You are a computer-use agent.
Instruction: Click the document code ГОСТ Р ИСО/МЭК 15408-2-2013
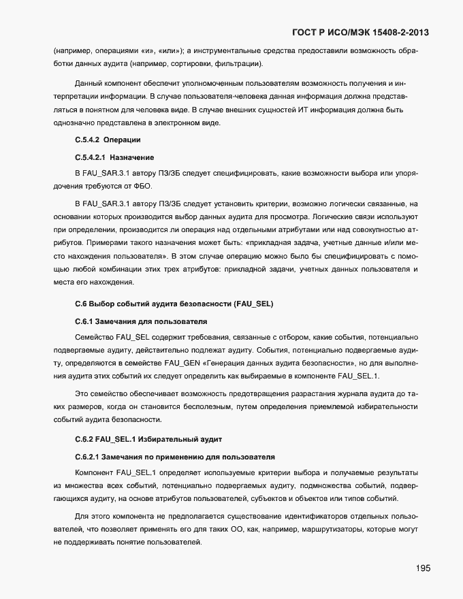click(x=361, y=32)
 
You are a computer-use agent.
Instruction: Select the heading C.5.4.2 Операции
click(x=108, y=140)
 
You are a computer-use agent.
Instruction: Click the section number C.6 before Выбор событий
click(x=82, y=303)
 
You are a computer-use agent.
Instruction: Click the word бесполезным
click(x=206, y=406)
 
